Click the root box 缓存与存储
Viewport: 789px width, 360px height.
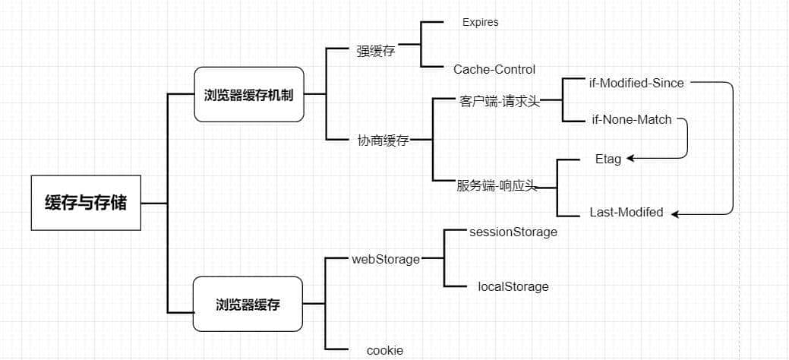click(x=86, y=203)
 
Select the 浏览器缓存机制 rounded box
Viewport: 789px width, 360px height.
click(x=249, y=94)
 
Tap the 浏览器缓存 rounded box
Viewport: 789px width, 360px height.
click(x=248, y=305)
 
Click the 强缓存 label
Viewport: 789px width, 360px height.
click(x=375, y=52)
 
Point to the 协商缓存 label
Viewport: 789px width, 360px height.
click(x=383, y=141)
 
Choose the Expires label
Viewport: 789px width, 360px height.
click(x=480, y=22)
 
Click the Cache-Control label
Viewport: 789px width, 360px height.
click(x=494, y=69)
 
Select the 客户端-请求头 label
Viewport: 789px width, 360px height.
click(x=499, y=101)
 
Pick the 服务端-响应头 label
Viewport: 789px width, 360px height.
click(x=497, y=185)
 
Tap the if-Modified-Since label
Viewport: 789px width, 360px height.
click(x=636, y=83)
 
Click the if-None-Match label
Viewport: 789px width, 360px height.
click(x=631, y=119)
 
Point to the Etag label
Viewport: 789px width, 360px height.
click(x=608, y=159)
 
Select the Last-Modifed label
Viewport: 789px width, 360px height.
click(x=626, y=213)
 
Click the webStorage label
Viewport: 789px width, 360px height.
click(x=385, y=259)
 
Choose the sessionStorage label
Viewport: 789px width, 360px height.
click(x=513, y=232)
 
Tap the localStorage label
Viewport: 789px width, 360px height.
click(x=513, y=286)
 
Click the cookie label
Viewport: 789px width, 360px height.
click(x=384, y=350)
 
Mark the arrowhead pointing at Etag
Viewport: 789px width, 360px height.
click(x=631, y=159)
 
